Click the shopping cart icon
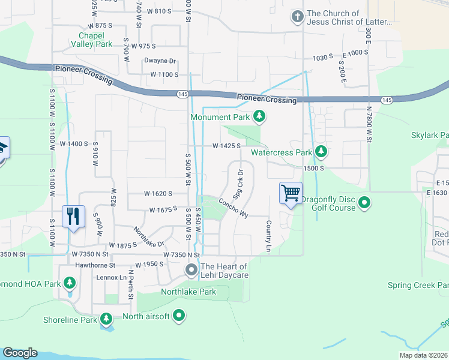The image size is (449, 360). (291, 193)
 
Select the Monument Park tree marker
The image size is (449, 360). (259, 116)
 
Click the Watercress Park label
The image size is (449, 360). (281, 152)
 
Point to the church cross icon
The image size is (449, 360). (297, 17)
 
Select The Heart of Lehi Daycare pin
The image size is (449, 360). (191, 271)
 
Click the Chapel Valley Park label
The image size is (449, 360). (91, 40)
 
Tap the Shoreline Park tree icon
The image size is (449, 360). (106, 319)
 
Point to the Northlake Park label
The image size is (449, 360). (188, 292)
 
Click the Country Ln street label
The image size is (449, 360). (268, 235)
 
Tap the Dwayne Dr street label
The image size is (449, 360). (160, 61)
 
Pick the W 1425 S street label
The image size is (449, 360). (226, 146)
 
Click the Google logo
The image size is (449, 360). (20, 353)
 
